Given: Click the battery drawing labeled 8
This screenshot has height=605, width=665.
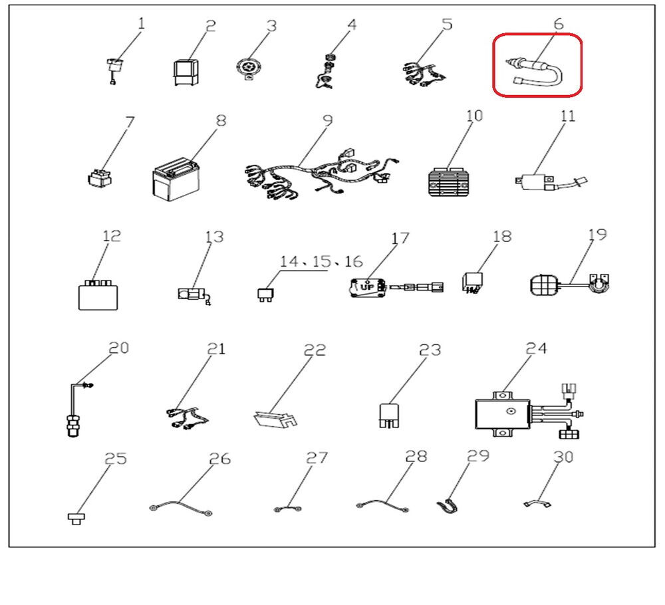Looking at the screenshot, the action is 176,180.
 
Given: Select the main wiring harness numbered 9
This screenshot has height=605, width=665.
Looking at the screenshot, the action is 321,175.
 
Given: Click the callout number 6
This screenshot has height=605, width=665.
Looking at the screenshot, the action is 559,24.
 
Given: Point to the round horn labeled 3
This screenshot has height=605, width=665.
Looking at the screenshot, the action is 247,68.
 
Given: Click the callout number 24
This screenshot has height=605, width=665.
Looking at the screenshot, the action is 536,348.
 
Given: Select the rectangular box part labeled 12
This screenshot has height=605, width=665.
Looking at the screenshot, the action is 98,295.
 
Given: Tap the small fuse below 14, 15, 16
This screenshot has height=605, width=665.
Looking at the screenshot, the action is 265,295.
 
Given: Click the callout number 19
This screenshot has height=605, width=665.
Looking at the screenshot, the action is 597,235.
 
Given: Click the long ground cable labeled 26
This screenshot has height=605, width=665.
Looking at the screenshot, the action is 181,507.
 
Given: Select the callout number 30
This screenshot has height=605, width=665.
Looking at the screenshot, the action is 563,457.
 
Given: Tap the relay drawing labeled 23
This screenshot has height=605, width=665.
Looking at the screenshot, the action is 389,416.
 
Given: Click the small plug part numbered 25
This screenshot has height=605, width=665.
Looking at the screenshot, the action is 76,518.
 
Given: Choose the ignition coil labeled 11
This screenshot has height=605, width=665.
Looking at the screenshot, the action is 551,182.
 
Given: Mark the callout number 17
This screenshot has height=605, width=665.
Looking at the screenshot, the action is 399,238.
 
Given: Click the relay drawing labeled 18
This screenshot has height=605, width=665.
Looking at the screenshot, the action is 472,283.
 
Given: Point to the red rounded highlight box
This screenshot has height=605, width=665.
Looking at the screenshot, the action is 537,65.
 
